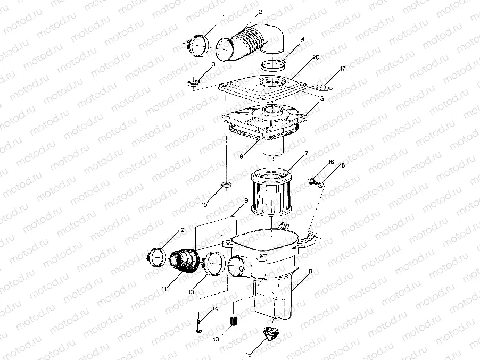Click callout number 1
pos(223,17)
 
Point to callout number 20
pos(316,57)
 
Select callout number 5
pos(322,98)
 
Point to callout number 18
pos(342,165)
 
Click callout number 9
pos(246,200)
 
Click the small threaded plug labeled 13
pos(232,322)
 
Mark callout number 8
pos(310,271)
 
